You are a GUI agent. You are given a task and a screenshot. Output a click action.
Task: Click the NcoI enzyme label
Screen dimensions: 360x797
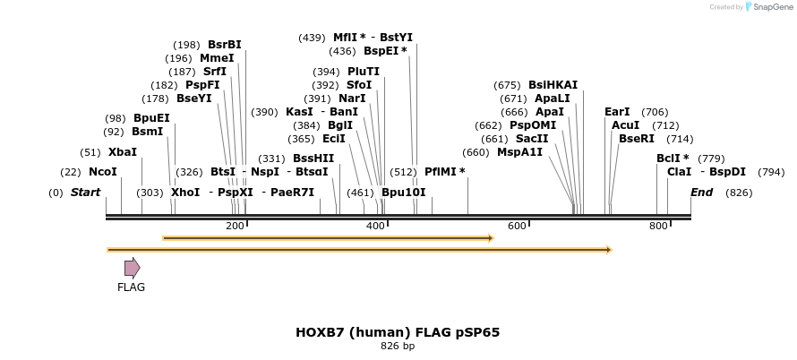[x=102, y=172]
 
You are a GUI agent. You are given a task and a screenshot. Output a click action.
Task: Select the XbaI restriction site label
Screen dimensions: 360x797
[x=123, y=152]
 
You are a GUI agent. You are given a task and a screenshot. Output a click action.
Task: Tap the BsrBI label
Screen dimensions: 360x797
[x=225, y=45]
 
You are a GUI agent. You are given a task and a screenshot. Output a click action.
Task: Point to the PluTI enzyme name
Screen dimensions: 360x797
[x=364, y=72]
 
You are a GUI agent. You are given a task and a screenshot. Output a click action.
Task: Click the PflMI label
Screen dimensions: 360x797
[x=444, y=172]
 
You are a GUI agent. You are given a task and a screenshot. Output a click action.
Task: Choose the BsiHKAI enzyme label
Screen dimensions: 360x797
[x=553, y=85]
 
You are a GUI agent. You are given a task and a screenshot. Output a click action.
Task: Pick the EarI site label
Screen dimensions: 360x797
[x=617, y=112]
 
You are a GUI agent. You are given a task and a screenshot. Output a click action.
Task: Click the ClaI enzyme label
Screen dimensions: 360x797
[x=679, y=172]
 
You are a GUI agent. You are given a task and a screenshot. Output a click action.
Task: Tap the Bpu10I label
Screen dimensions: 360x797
[x=404, y=193]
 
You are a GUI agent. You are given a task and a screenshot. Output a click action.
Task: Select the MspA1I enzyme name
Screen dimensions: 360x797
[x=520, y=152]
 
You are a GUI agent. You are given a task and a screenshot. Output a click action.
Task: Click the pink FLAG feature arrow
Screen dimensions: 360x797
[x=132, y=268]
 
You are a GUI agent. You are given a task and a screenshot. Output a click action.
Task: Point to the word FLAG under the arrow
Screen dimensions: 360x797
[x=131, y=287]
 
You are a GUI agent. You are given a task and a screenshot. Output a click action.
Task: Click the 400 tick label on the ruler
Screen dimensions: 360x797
[x=375, y=227]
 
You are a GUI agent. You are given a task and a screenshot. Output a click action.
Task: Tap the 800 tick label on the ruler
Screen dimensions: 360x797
[x=658, y=227]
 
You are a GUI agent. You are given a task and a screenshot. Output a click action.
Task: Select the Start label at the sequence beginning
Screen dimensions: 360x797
[x=85, y=193]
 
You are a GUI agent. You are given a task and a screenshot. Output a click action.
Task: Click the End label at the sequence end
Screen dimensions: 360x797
[x=702, y=193]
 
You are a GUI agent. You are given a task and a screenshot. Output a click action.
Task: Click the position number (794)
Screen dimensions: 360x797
[x=771, y=172]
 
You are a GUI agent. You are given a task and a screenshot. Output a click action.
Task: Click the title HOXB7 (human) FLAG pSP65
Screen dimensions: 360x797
[x=398, y=332]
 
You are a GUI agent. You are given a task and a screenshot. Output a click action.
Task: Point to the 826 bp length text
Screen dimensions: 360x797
[x=398, y=347]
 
